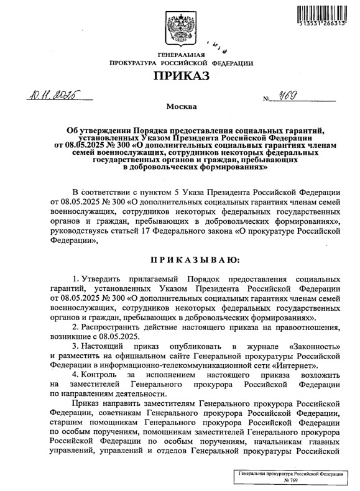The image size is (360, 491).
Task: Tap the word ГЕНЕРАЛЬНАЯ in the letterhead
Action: [x=180, y=57]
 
